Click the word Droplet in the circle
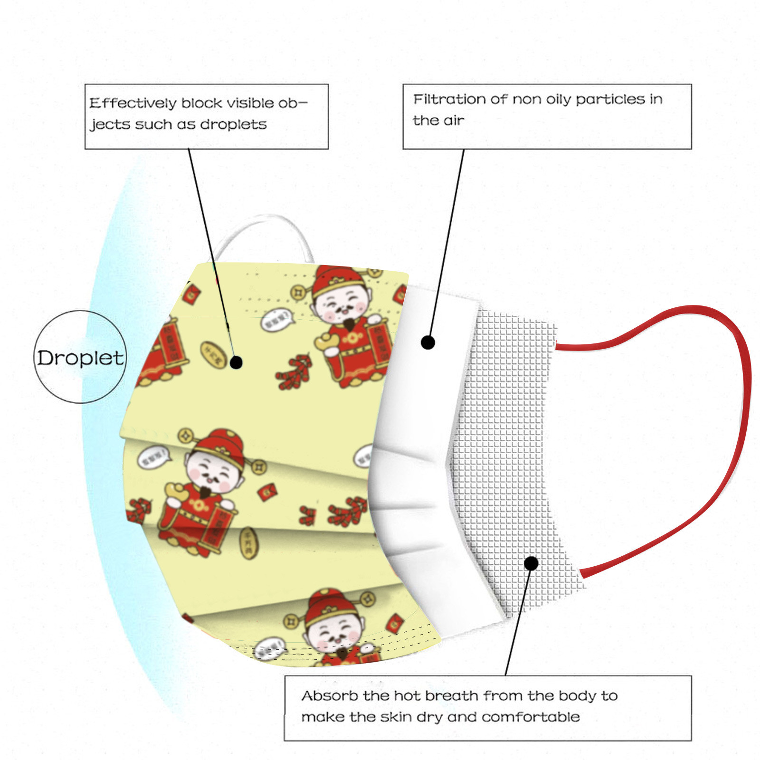point(80,358)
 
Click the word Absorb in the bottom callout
point(330,696)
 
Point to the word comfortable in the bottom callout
point(531,717)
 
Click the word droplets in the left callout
point(233,124)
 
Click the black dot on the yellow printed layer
point(236,362)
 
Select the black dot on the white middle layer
point(428,342)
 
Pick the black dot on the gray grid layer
point(531,563)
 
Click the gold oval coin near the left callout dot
point(212,354)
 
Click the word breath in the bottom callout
point(451,696)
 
